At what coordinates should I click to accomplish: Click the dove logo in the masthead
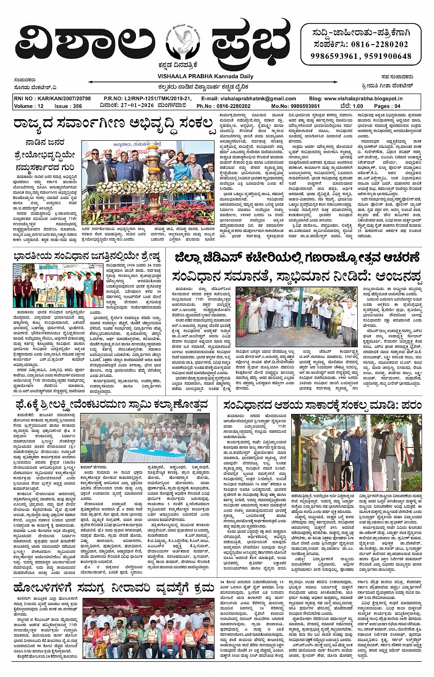coord(183,42)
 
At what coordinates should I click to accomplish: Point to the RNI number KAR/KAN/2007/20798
coord(52,98)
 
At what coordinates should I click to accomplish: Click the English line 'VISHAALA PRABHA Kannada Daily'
coord(205,76)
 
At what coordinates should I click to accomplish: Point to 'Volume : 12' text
coord(29,106)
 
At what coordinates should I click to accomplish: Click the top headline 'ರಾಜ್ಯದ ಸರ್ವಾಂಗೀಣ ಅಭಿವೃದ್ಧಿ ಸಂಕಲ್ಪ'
coord(114,124)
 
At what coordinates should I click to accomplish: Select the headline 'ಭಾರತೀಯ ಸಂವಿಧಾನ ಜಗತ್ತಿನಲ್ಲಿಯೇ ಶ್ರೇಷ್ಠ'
coord(87,256)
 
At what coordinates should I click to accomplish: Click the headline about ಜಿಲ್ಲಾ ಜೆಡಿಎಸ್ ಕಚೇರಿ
coord(297,258)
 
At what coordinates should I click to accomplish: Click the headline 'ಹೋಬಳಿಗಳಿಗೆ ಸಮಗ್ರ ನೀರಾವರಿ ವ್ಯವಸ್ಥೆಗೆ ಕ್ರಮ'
coord(114,587)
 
